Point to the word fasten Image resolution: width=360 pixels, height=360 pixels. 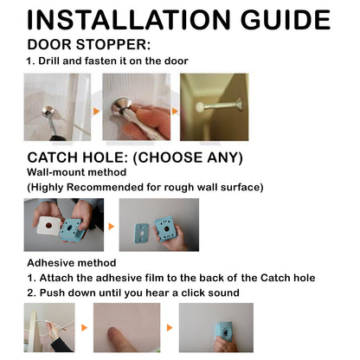coord(109,61)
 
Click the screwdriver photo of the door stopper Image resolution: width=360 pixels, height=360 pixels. coord(136,107)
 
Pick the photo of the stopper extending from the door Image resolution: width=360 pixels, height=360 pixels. coord(215,107)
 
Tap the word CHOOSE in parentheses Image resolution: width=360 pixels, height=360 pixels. coord(181,157)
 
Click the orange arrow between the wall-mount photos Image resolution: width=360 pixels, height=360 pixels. coord(110,227)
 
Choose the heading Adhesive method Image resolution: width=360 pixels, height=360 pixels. coord(72,262)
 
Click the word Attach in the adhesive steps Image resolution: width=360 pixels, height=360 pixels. coord(61,278)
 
